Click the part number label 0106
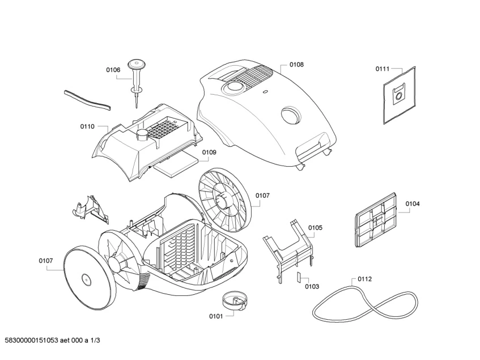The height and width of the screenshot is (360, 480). (113, 70)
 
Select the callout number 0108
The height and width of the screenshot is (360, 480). (296, 65)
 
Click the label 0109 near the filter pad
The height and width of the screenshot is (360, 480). (209, 152)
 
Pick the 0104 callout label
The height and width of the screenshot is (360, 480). (413, 204)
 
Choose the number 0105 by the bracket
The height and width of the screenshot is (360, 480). (315, 227)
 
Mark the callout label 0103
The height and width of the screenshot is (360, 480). (312, 286)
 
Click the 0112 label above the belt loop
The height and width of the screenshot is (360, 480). (365, 279)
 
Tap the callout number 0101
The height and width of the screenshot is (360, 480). (216, 315)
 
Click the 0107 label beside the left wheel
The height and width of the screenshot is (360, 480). (46, 261)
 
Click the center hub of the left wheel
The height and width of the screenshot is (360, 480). (85, 279)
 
